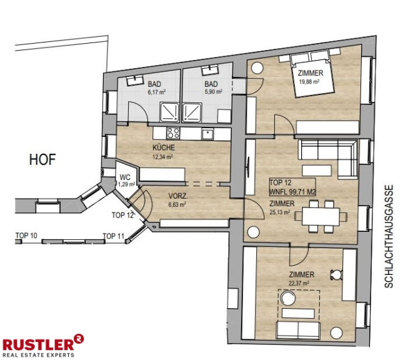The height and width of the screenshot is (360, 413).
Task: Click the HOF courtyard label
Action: click(42, 160)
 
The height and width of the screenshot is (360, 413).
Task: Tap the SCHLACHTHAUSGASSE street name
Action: click(389, 236)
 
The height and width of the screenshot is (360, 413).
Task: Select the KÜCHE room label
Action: click(164, 147)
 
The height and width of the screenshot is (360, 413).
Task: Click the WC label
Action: click(125, 177)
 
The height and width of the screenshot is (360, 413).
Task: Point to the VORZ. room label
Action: click(178, 196)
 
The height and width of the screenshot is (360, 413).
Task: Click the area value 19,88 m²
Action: click(309, 82)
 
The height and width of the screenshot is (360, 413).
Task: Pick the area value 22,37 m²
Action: click(299, 283)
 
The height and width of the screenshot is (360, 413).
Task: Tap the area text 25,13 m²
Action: click(280, 212)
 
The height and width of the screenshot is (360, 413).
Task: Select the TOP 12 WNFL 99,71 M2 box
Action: click(292, 187)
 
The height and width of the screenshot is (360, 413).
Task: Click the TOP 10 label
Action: click(26, 236)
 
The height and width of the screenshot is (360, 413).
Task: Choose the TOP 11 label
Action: click(113, 236)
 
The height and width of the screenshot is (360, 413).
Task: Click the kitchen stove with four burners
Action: click(173, 133)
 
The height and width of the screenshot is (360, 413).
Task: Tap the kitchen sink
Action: click(208, 134)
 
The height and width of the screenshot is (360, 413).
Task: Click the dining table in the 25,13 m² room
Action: click(321, 216)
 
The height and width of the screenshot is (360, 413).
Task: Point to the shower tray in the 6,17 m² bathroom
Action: click(169, 112)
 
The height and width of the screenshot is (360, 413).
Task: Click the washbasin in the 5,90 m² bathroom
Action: click(210, 69)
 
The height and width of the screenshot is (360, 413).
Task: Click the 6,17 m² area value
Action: click(157, 92)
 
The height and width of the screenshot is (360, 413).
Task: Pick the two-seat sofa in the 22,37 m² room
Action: click(298, 329)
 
